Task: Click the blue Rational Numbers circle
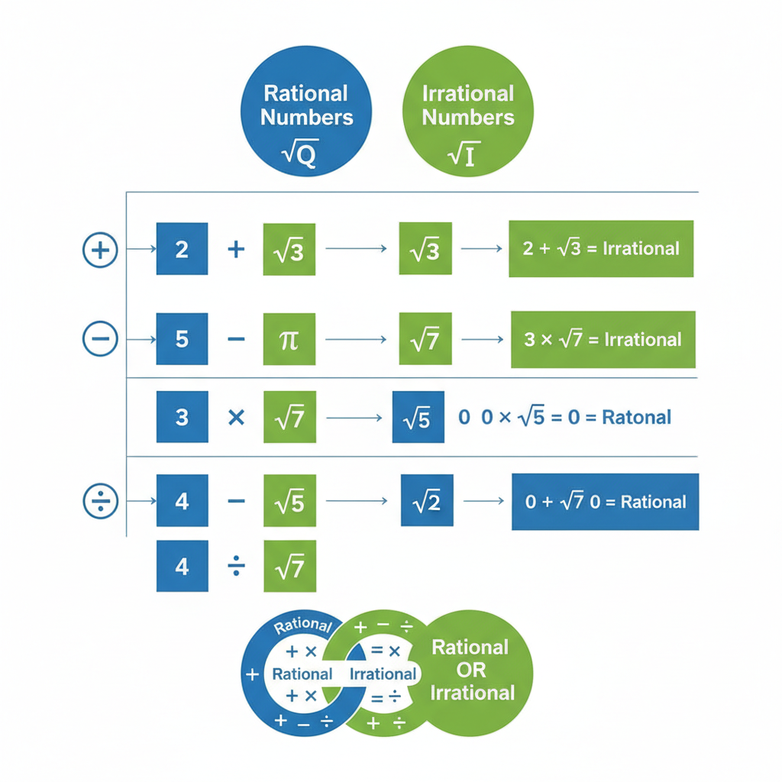(305, 115)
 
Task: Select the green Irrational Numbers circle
(467, 115)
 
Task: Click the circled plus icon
(100, 250)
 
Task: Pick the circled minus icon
(100, 338)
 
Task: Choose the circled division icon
(100, 502)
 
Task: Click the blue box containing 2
(182, 249)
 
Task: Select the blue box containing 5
(182, 338)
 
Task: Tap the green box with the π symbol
(289, 338)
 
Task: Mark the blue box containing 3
(182, 417)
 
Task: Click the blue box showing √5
(418, 418)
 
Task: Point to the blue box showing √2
(426, 500)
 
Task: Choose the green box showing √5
(289, 501)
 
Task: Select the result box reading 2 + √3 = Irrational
(601, 249)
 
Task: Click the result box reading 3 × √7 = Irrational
(603, 339)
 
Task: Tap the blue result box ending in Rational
(605, 502)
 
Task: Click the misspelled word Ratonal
(637, 417)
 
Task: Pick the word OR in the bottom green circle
(470, 670)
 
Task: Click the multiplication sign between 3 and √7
(237, 418)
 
